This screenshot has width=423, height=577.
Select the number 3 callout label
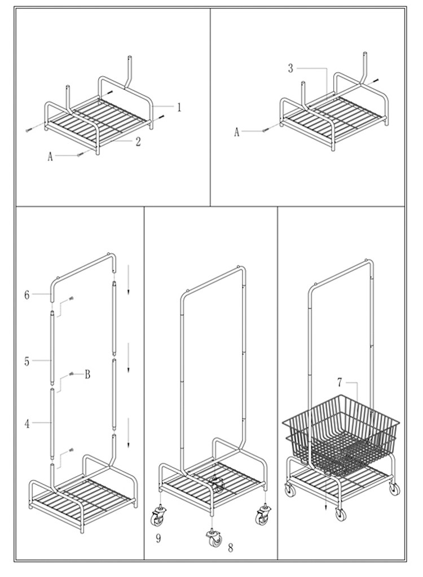[x=290, y=68]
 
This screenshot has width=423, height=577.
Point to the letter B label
[x=87, y=374]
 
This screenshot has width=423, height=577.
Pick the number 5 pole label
[x=27, y=362]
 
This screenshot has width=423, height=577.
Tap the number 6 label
[x=27, y=294]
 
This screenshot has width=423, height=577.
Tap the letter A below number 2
[x=50, y=157]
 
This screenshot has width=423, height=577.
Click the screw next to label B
[x=72, y=373]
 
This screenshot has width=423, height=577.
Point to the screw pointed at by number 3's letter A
[x=263, y=130]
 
